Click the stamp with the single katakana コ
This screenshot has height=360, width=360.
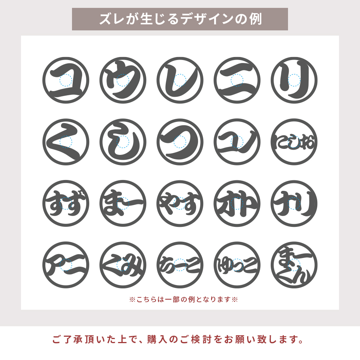coord(66,80)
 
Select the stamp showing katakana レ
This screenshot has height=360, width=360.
coord(180,80)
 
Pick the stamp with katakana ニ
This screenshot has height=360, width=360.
coord(237,80)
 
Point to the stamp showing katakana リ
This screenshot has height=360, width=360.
coord(294,80)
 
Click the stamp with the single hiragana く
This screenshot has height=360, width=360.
coord(66,142)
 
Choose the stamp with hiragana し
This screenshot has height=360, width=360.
coord(123,142)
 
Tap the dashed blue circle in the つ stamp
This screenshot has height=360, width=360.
coord(180,142)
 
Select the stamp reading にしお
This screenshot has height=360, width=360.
coord(294,142)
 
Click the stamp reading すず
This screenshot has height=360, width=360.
coord(66,204)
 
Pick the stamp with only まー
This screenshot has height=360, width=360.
coord(123,204)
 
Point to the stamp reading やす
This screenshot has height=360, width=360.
coord(180,204)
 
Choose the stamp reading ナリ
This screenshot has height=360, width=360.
coord(294,204)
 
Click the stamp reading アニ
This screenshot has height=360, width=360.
coord(66,265)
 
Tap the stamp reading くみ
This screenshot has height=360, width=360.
coord(123,265)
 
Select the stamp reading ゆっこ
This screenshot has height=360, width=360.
coord(237,265)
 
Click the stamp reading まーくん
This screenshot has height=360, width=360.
coord(294,265)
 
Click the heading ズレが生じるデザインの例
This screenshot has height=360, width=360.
coord(180,19)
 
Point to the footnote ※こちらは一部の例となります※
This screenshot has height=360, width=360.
coord(183,300)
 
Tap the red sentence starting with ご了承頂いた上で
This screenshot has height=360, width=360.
coord(178,340)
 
